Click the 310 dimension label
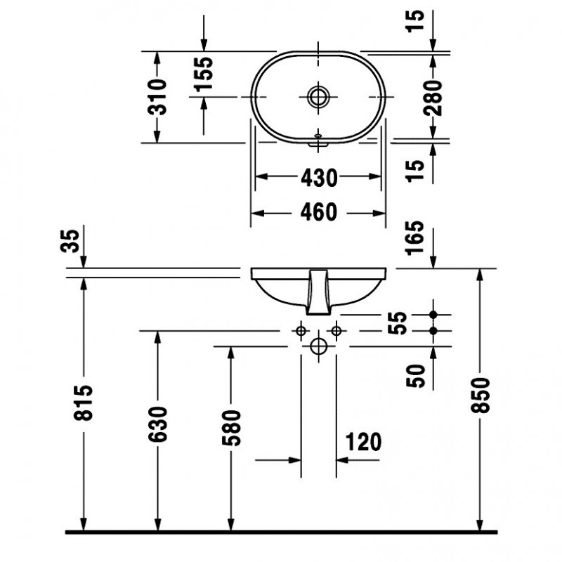pyautogui.click(x=157, y=97)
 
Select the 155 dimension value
pyautogui.click(x=203, y=73)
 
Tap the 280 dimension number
pyautogui.click(x=433, y=98)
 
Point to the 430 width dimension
pyautogui.click(x=319, y=178)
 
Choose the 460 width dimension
pyautogui.click(x=319, y=212)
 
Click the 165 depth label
pyautogui.click(x=414, y=237)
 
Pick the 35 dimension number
pyautogui.click(x=70, y=241)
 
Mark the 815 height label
pyautogui.click(x=83, y=403)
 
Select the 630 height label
pyautogui.click(x=157, y=424)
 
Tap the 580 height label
pyautogui.click(x=231, y=428)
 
